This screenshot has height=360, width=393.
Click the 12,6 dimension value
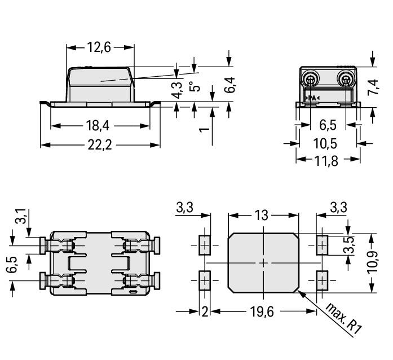[99, 47]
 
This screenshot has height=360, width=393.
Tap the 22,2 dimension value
[100, 145]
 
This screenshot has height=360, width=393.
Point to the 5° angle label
[195, 87]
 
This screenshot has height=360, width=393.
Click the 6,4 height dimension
[229, 84]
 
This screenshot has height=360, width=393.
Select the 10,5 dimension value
[325, 143]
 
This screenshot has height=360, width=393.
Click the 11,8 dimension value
[325, 160]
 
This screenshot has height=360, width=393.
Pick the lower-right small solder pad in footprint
[322, 279]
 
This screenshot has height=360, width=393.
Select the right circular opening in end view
[345, 78]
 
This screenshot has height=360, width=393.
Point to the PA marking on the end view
[312, 98]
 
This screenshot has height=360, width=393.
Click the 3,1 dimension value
[21, 216]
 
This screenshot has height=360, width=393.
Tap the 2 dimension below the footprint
[205, 311]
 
